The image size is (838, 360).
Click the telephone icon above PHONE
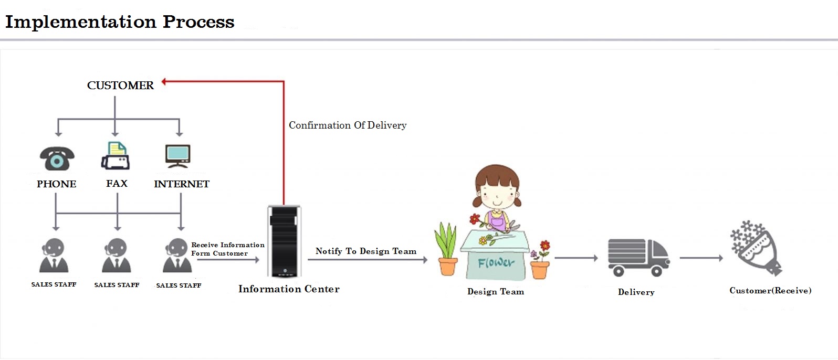pyautogui.click(x=57, y=158)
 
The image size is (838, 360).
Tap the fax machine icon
pyautogui.click(x=116, y=156)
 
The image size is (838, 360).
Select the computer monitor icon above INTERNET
pyautogui.click(x=178, y=156)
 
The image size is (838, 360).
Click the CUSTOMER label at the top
pyautogui.click(x=120, y=86)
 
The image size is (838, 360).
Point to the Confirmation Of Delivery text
pyautogui.click(x=348, y=125)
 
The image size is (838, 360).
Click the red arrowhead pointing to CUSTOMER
pyautogui.click(x=164, y=81)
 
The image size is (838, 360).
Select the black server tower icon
pyautogui.click(x=284, y=241)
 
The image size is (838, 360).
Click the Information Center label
pyautogui.click(x=289, y=289)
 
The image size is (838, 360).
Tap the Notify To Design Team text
pyautogui.click(x=366, y=251)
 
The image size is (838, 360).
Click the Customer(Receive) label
pyautogui.click(x=770, y=291)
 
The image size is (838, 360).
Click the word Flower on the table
pyautogui.click(x=496, y=262)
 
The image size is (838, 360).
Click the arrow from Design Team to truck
pyautogui.click(x=576, y=258)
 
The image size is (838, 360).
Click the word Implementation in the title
pyautogui.click(x=81, y=22)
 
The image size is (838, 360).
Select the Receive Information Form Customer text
pyautogui.click(x=227, y=249)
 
